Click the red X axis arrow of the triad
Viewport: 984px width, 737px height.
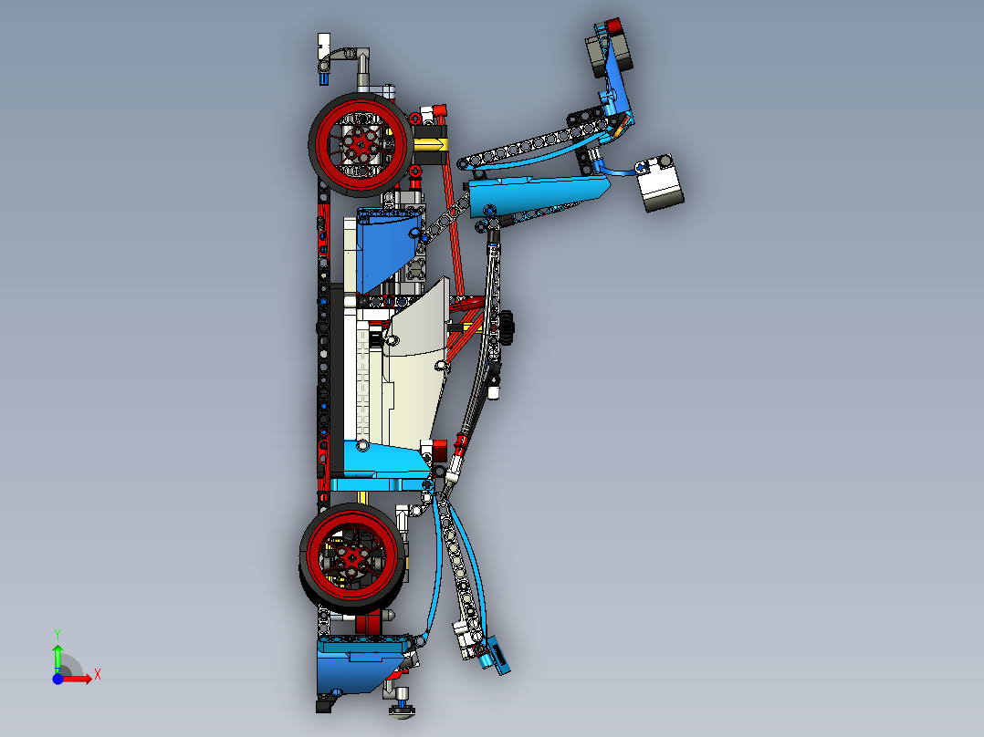80,678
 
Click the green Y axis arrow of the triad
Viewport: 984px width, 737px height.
58,654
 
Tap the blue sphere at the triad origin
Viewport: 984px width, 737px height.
58,679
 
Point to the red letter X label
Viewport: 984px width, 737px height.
97,674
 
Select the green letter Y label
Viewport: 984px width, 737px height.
57,632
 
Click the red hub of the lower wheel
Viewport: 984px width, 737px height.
352,555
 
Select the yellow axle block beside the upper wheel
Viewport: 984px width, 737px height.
431,144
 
